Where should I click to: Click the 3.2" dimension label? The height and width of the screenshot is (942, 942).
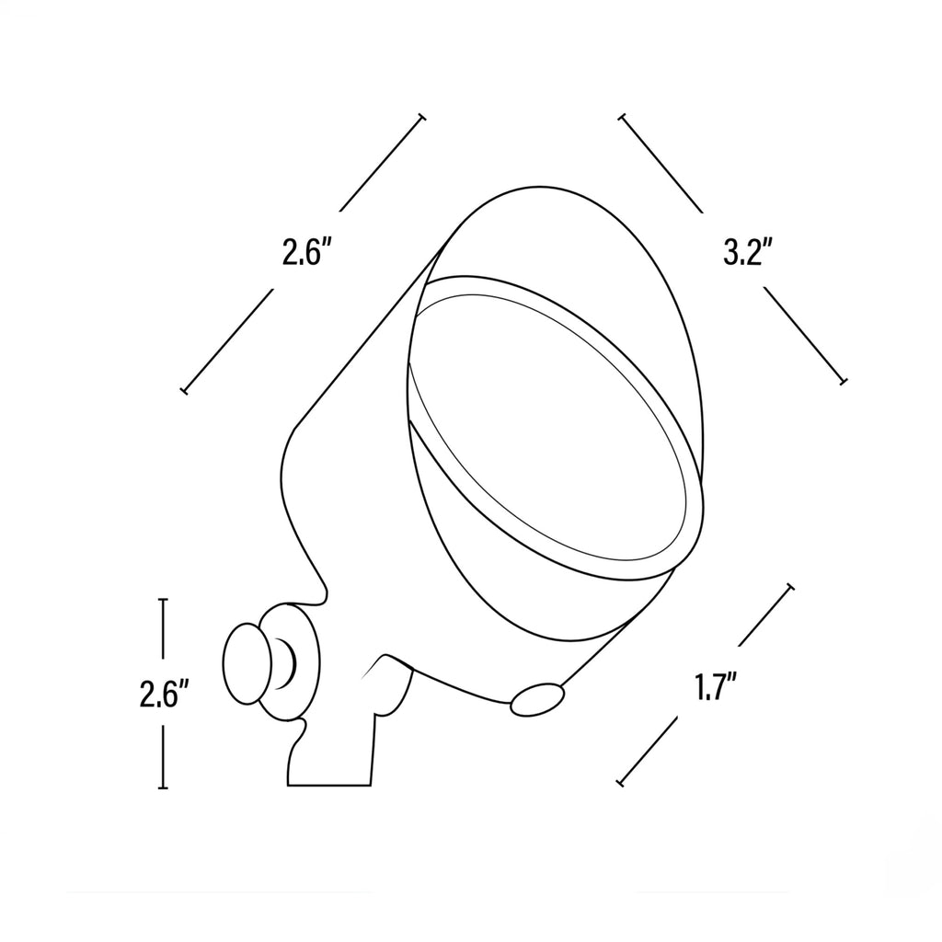pyautogui.click(x=748, y=251)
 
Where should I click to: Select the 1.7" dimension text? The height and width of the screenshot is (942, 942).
pyautogui.click(x=716, y=687)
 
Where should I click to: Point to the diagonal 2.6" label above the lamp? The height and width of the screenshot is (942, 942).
pyautogui.click(x=307, y=252)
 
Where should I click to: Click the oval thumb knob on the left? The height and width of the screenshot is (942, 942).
pyautogui.click(x=247, y=663)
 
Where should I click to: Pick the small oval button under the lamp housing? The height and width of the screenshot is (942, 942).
pyautogui.click(x=537, y=699)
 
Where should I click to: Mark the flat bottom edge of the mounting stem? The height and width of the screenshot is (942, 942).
pyautogui.click(x=329, y=786)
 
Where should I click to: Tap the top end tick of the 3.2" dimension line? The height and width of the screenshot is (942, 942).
pyautogui.click(x=623, y=117)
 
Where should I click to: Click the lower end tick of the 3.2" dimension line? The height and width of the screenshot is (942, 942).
pyautogui.click(x=843, y=380)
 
